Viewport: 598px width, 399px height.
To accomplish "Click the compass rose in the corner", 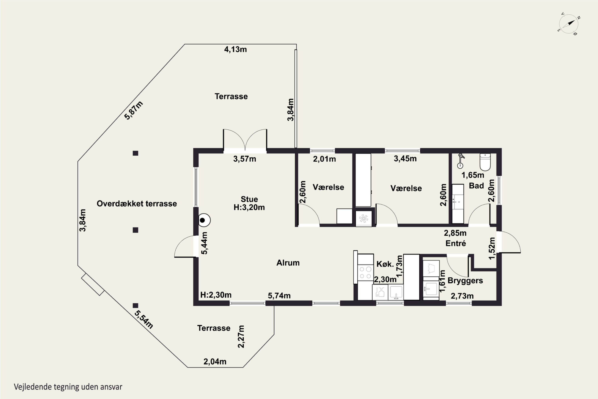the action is coord(569,24).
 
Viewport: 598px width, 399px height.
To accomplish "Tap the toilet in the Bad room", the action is coord(485,162).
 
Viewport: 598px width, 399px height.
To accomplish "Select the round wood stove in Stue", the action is coord(204,220).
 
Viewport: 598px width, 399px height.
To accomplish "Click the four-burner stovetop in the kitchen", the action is coord(365,273).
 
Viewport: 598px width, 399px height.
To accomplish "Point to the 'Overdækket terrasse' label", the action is coord(137,203).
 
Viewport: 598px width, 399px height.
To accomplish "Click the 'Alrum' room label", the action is coord(288,263).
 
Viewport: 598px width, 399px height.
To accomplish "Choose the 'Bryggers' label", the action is coord(465,281).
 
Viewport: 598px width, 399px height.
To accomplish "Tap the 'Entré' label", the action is coord(456,243).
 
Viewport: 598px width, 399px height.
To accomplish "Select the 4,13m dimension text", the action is coord(235,49).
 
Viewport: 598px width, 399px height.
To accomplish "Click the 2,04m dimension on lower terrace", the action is coord(215,361).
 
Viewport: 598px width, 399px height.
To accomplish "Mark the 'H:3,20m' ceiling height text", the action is coord(249,207).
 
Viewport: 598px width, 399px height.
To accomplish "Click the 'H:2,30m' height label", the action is coord(216,295).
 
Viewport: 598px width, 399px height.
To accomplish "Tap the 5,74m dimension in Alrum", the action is coord(279,296).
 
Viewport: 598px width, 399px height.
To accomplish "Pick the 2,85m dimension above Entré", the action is coord(455,233).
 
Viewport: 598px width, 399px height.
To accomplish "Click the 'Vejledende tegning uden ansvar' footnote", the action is coord(68,387).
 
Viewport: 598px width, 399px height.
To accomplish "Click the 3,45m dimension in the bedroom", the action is coord(405,159).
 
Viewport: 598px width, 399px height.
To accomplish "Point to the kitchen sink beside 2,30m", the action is coord(396,292).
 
